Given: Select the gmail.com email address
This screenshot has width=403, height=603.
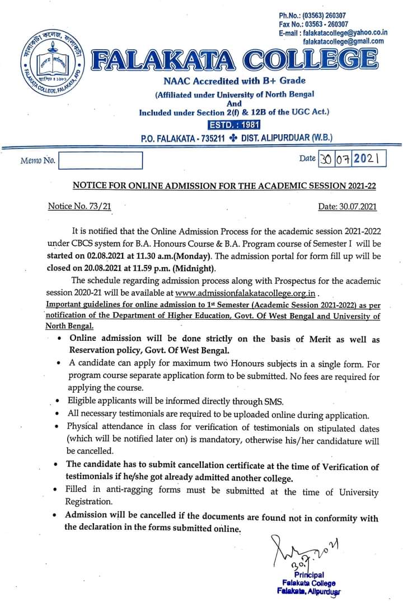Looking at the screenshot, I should pos(343,41).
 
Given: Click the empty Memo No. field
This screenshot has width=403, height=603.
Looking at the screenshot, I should pos(100,161).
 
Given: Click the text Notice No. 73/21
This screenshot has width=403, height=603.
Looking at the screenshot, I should pos(79,206).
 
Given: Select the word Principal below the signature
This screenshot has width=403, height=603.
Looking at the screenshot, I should pos(308,574).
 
